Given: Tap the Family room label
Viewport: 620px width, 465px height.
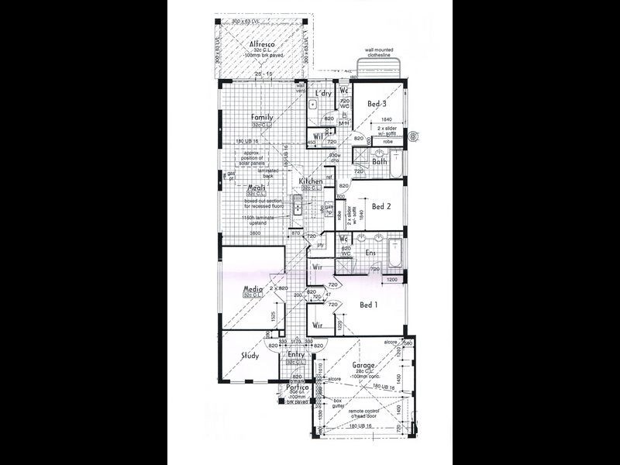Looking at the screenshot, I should point(261,118).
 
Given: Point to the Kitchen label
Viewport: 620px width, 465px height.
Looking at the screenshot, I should point(312,181).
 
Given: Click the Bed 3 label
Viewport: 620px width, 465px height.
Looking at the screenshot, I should point(377,104).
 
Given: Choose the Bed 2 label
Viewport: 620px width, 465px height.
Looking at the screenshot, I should point(379,207).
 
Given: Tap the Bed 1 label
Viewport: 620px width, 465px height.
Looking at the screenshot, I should point(368,305).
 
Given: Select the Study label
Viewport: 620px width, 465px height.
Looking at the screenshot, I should point(250,356).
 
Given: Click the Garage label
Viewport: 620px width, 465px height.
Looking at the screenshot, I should point(363,365).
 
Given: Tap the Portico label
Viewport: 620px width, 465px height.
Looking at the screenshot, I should point(297,387).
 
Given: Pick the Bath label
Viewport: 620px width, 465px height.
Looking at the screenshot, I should point(379,162).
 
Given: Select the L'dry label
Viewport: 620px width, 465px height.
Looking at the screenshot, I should point(323,94).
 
